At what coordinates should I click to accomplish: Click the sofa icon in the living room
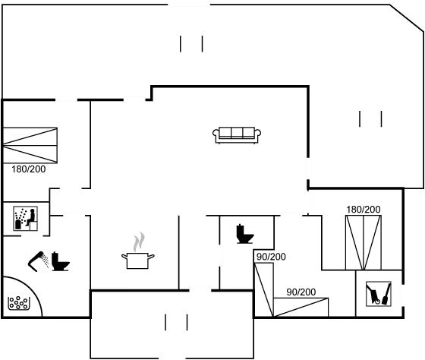(237, 135)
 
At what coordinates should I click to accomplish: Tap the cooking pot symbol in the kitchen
(137, 261)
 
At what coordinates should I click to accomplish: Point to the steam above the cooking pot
(138, 242)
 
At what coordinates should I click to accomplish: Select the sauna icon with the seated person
(26, 219)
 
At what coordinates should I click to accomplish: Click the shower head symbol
(37, 261)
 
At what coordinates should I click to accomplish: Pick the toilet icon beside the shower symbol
(60, 261)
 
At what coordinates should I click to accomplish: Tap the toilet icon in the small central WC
(244, 234)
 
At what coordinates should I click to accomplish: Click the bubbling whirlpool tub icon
(18, 303)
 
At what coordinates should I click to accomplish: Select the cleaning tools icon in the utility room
(379, 294)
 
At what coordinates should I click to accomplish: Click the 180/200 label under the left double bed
(29, 169)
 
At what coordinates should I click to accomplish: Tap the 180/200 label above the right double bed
(364, 210)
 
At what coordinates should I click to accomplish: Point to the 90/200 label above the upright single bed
(271, 257)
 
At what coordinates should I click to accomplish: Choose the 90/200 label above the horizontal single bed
(301, 292)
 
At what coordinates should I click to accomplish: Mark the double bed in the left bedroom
(30, 145)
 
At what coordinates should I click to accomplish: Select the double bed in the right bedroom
(364, 242)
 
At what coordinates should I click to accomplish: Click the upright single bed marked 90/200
(264, 289)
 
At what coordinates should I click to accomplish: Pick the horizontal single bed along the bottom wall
(301, 307)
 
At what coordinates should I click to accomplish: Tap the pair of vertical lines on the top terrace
(191, 44)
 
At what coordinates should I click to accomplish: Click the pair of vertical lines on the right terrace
(370, 118)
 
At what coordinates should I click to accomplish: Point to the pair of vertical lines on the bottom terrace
(176, 322)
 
